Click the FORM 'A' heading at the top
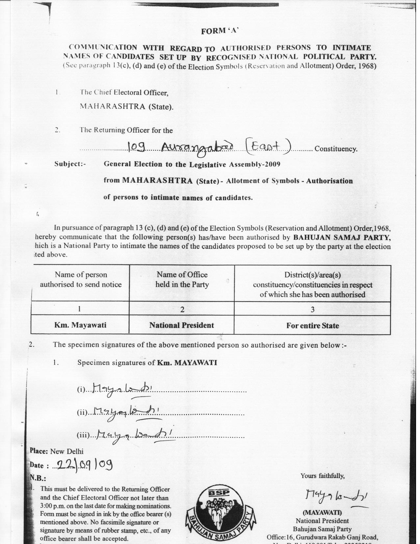click(x=219, y=31)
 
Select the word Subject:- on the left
click(x=70, y=164)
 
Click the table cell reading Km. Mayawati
click(x=80, y=325)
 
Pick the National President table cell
click(x=182, y=325)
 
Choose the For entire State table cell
click(x=312, y=326)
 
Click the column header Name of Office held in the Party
click(x=182, y=279)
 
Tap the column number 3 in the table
click(x=312, y=309)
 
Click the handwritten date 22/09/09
click(x=85, y=465)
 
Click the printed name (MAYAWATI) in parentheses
click(x=322, y=513)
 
